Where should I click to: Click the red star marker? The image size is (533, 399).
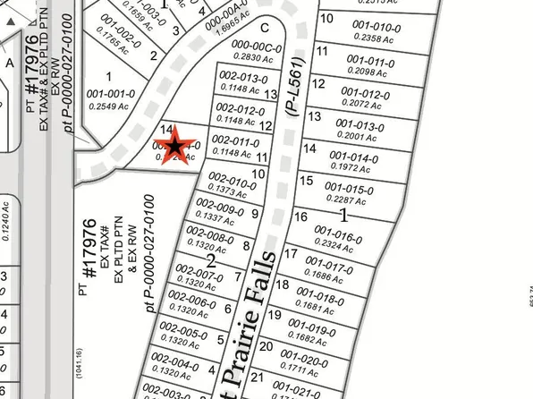pyautogui.click(x=176, y=144)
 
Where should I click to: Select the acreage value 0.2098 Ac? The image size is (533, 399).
pyautogui.click(x=358, y=71)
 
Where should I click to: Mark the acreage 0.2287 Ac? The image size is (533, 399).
pyautogui.click(x=344, y=200)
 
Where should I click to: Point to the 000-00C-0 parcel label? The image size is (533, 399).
pyautogui.click(x=255, y=47)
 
